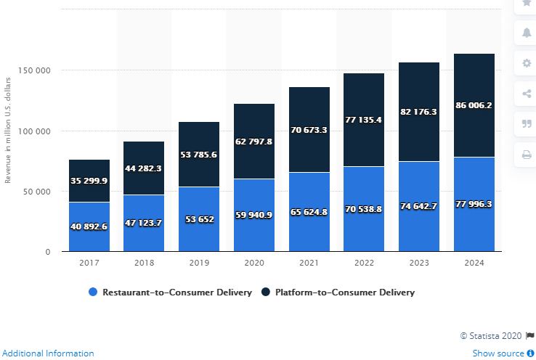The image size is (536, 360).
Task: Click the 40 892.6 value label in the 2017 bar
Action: click(89, 226)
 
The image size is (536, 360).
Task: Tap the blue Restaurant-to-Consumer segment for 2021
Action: click(309, 212)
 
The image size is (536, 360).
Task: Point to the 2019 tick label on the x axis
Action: click(198, 262)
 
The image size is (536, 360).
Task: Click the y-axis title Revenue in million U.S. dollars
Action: click(8, 128)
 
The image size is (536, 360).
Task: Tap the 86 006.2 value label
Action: click(474, 105)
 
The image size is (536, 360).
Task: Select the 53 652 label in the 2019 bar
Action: click(199, 220)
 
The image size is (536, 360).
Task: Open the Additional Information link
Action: click(47, 353)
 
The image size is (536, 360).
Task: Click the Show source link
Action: click(498, 353)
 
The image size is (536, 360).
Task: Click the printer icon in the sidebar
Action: click(527, 154)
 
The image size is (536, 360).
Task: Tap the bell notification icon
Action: click(527, 33)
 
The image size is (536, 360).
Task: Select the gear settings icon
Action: click(527, 63)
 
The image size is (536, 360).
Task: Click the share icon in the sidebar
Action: click(527, 94)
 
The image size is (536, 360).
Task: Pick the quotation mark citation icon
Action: click(527, 123)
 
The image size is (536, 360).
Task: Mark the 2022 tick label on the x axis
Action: click(364, 262)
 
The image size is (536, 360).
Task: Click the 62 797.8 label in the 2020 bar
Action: click(253, 142)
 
